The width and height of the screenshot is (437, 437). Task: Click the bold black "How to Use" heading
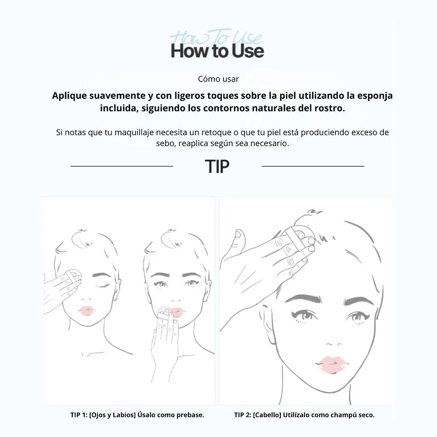(217, 51)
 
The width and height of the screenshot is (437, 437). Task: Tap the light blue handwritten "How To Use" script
(216, 37)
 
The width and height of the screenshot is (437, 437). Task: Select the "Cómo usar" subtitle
(218, 79)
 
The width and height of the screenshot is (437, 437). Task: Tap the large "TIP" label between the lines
(217, 167)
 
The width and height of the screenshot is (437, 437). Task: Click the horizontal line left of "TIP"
(122, 166)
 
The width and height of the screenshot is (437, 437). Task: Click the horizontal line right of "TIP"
(313, 166)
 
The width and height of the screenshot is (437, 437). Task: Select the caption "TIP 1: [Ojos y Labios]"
(103, 415)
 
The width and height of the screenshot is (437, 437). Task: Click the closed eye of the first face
(102, 285)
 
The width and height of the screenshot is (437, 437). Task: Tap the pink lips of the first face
(86, 310)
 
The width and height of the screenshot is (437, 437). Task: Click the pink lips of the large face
(332, 364)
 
